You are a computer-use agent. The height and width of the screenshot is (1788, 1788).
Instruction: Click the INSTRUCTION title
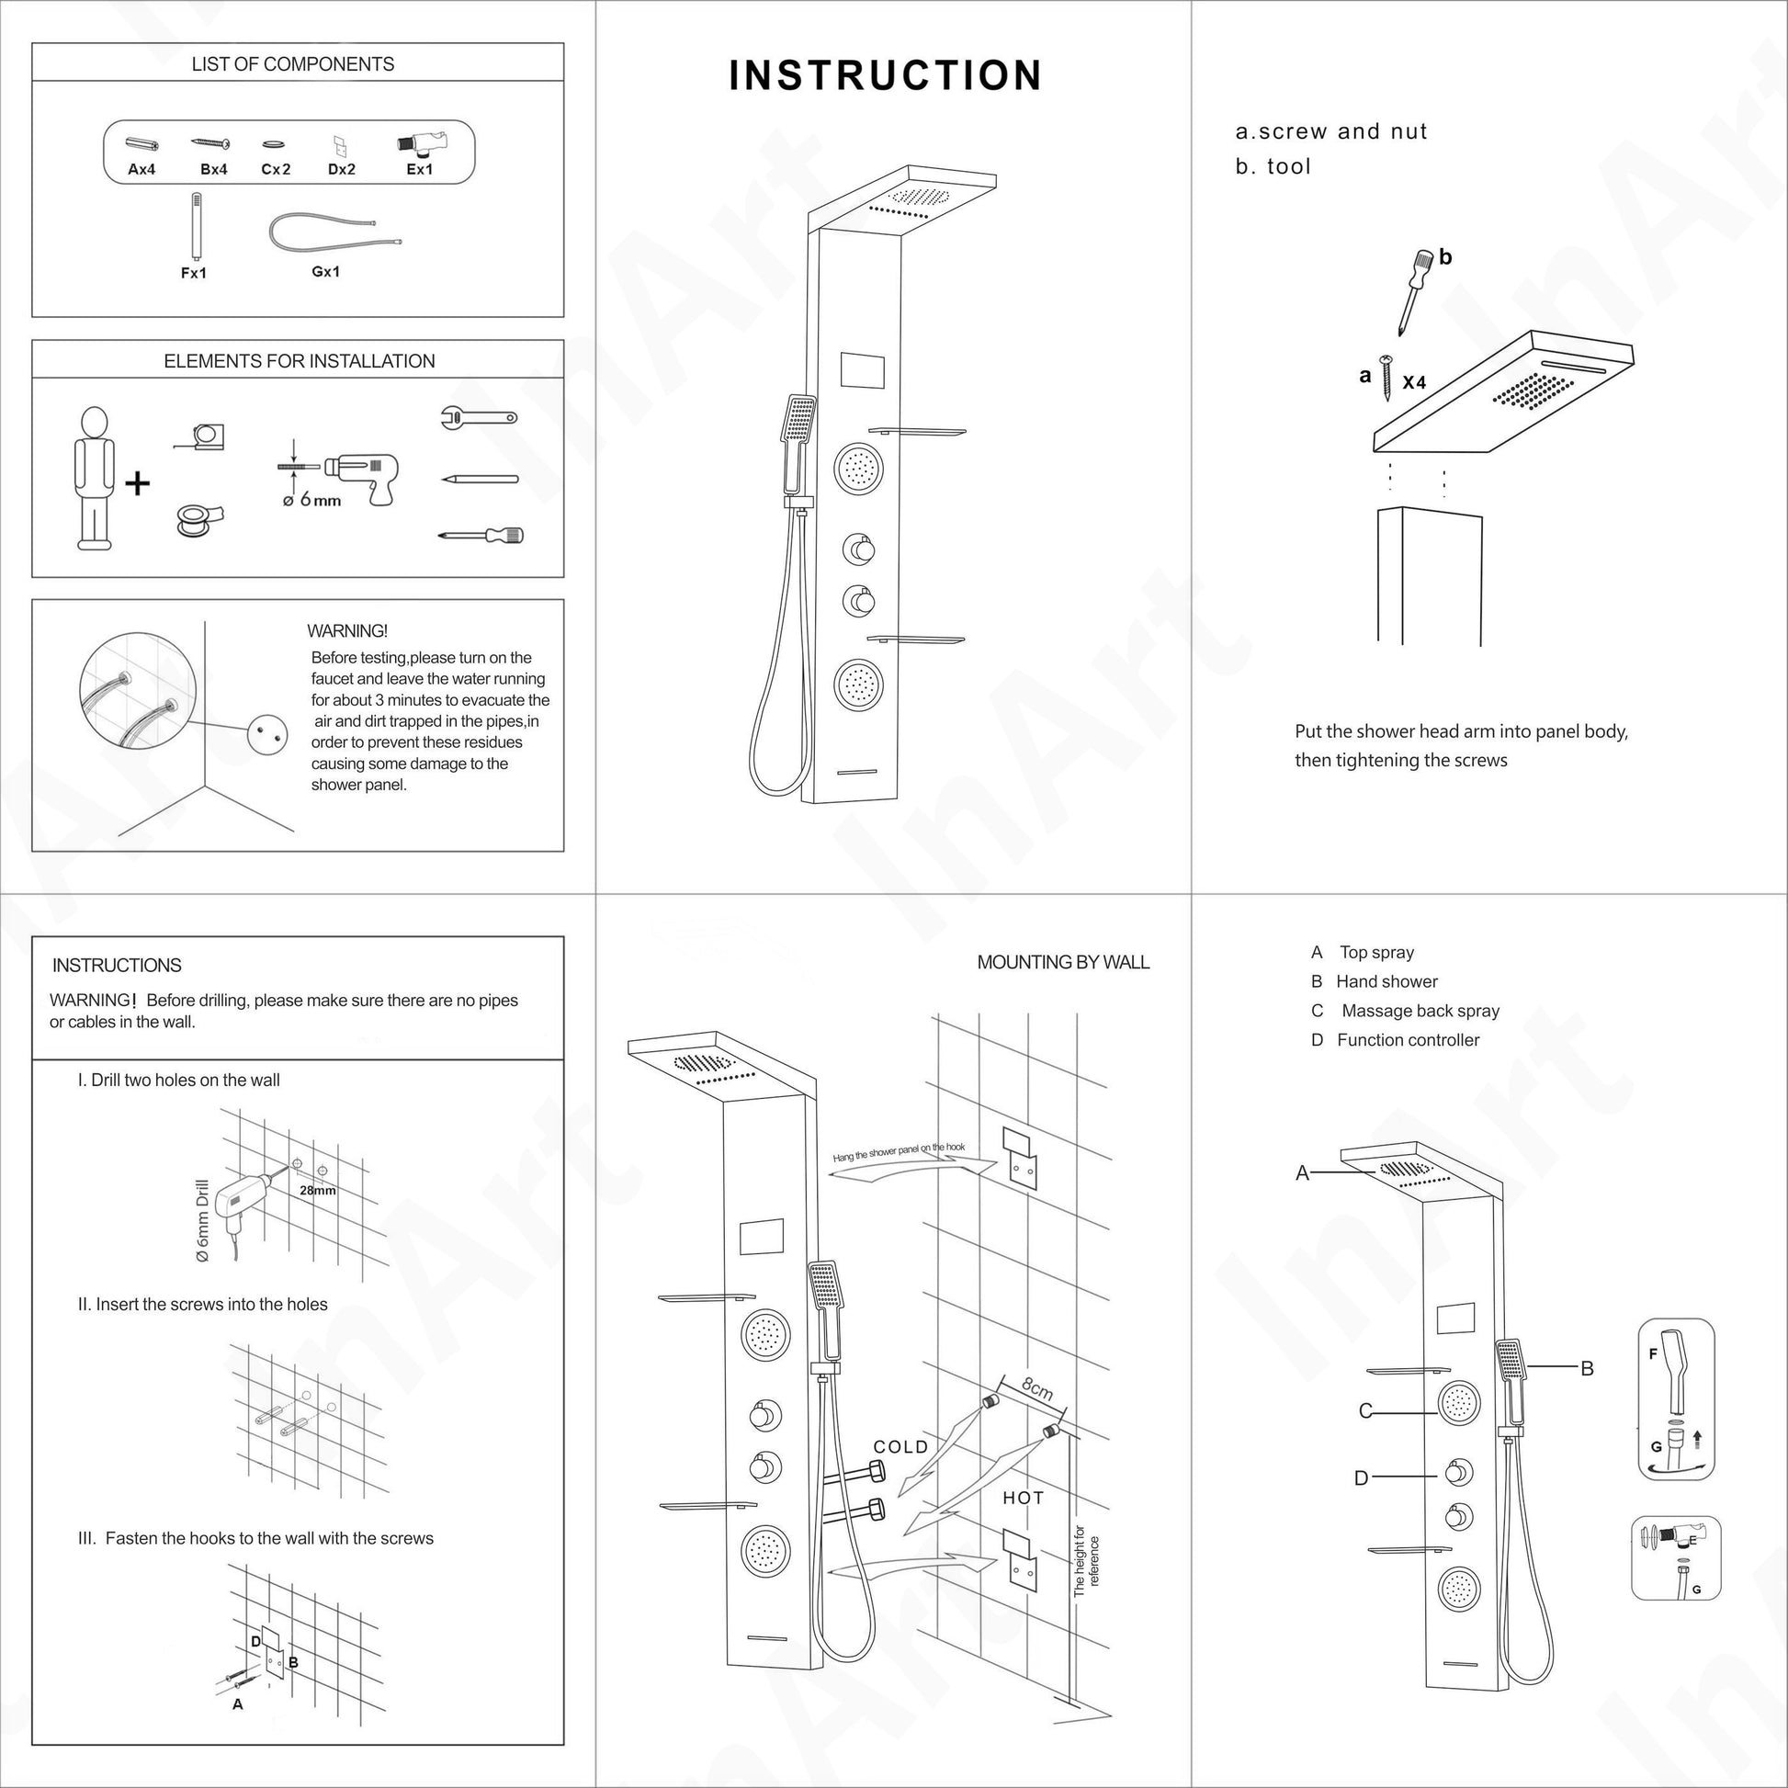coord(885,76)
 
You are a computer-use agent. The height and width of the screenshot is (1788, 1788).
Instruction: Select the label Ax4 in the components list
coord(141,169)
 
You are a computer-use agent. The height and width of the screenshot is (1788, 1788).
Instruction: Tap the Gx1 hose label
coord(326,271)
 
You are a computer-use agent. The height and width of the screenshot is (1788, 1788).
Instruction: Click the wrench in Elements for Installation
coord(478,418)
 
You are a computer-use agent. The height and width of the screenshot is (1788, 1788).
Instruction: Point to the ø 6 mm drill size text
coord(311,501)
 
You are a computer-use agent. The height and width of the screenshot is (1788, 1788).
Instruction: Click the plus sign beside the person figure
coord(137,483)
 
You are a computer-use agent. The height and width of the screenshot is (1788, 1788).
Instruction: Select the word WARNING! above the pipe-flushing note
coord(347,631)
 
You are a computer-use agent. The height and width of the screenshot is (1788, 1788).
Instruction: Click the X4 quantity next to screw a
coord(1414,381)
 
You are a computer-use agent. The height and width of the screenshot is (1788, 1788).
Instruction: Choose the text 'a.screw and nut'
coord(1330,131)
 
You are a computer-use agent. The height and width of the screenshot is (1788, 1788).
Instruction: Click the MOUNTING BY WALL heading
coord(1062,963)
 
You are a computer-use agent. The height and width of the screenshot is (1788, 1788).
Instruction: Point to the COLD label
coord(900,1446)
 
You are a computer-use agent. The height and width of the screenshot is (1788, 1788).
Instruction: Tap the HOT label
coord(1023,1498)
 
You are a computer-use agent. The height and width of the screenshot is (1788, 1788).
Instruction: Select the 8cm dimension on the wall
coord(1037,1389)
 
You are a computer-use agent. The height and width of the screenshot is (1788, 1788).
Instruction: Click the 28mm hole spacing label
coord(317,1190)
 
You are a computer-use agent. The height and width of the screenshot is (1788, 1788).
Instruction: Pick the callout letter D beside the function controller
coord(1361,1478)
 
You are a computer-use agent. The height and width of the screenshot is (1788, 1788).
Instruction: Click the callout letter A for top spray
coord(1302,1173)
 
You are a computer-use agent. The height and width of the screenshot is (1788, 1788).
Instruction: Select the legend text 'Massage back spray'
coord(1420,1011)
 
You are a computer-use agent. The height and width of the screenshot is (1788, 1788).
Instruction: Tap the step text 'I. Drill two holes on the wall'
coord(178,1080)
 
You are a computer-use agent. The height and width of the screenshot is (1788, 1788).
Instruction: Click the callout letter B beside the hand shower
coord(1586,1368)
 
